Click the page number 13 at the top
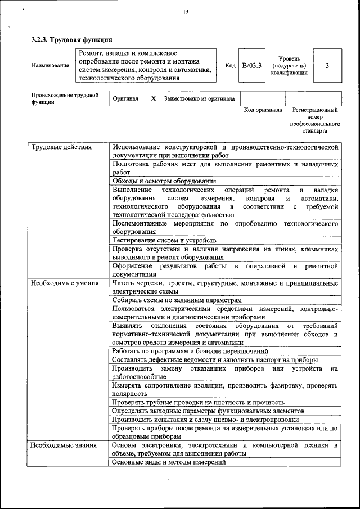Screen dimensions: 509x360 185,12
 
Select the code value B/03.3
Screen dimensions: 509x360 252,66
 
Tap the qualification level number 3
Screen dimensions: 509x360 327,66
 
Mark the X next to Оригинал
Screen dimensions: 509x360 153,98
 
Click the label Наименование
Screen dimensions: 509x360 50,66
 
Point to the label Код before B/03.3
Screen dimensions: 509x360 230,66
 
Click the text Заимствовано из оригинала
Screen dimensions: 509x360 199,99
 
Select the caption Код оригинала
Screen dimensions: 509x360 263,110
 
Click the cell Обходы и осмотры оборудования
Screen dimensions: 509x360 164,181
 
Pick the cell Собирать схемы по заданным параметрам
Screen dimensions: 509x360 177,300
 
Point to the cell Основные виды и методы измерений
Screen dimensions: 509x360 169,462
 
